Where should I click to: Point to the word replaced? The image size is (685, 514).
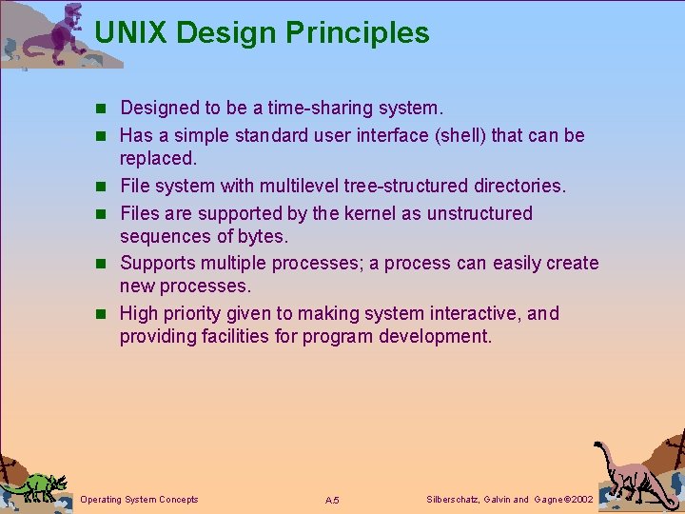[x=158, y=157]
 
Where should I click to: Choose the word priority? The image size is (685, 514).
[x=198, y=313]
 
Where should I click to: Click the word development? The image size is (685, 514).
[x=435, y=336]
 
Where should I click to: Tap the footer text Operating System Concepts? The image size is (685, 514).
[x=140, y=500]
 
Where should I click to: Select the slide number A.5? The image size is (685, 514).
[x=332, y=501]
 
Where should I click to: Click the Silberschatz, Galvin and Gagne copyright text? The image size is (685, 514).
[x=509, y=500]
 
